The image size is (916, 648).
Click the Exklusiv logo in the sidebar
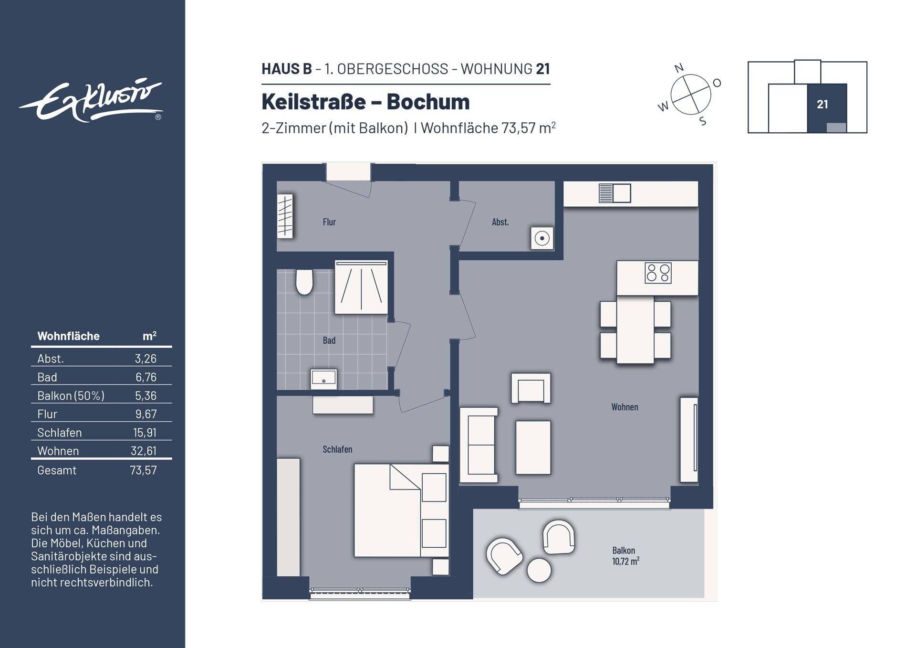(91, 101)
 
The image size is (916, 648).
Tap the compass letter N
(679, 68)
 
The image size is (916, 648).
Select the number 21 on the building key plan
(822, 105)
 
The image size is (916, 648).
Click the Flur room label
(329, 222)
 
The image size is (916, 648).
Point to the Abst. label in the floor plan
(500, 222)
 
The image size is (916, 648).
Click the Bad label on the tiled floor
(329, 340)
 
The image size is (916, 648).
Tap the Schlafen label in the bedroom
(337, 449)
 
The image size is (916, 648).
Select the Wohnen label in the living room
(625, 407)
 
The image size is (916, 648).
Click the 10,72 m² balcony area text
(625, 562)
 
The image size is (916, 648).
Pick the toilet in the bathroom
(304, 282)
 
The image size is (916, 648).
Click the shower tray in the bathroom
(361, 287)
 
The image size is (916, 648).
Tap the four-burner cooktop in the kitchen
(658, 273)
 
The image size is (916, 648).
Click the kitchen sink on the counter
(615, 193)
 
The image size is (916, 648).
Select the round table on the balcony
(539, 570)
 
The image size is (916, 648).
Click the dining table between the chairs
(635, 329)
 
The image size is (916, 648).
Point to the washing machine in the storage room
(542, 238)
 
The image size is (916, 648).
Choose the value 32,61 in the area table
(144, 451)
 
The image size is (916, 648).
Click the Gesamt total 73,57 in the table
(143, 470)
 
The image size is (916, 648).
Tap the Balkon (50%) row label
(71, 396)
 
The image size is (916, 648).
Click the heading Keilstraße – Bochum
(365, 102)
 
